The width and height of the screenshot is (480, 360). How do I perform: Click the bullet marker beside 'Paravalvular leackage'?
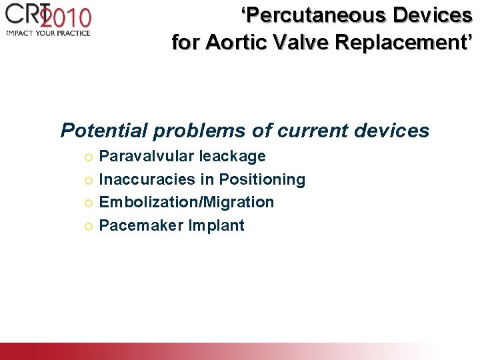(89, 157)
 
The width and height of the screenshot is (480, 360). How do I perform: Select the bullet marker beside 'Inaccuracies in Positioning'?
(89, 180)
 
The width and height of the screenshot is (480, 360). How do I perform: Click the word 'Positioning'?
(262, 179)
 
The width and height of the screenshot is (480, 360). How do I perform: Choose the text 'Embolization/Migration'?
(186, 202)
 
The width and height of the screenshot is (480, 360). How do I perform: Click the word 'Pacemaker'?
(141, 225)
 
